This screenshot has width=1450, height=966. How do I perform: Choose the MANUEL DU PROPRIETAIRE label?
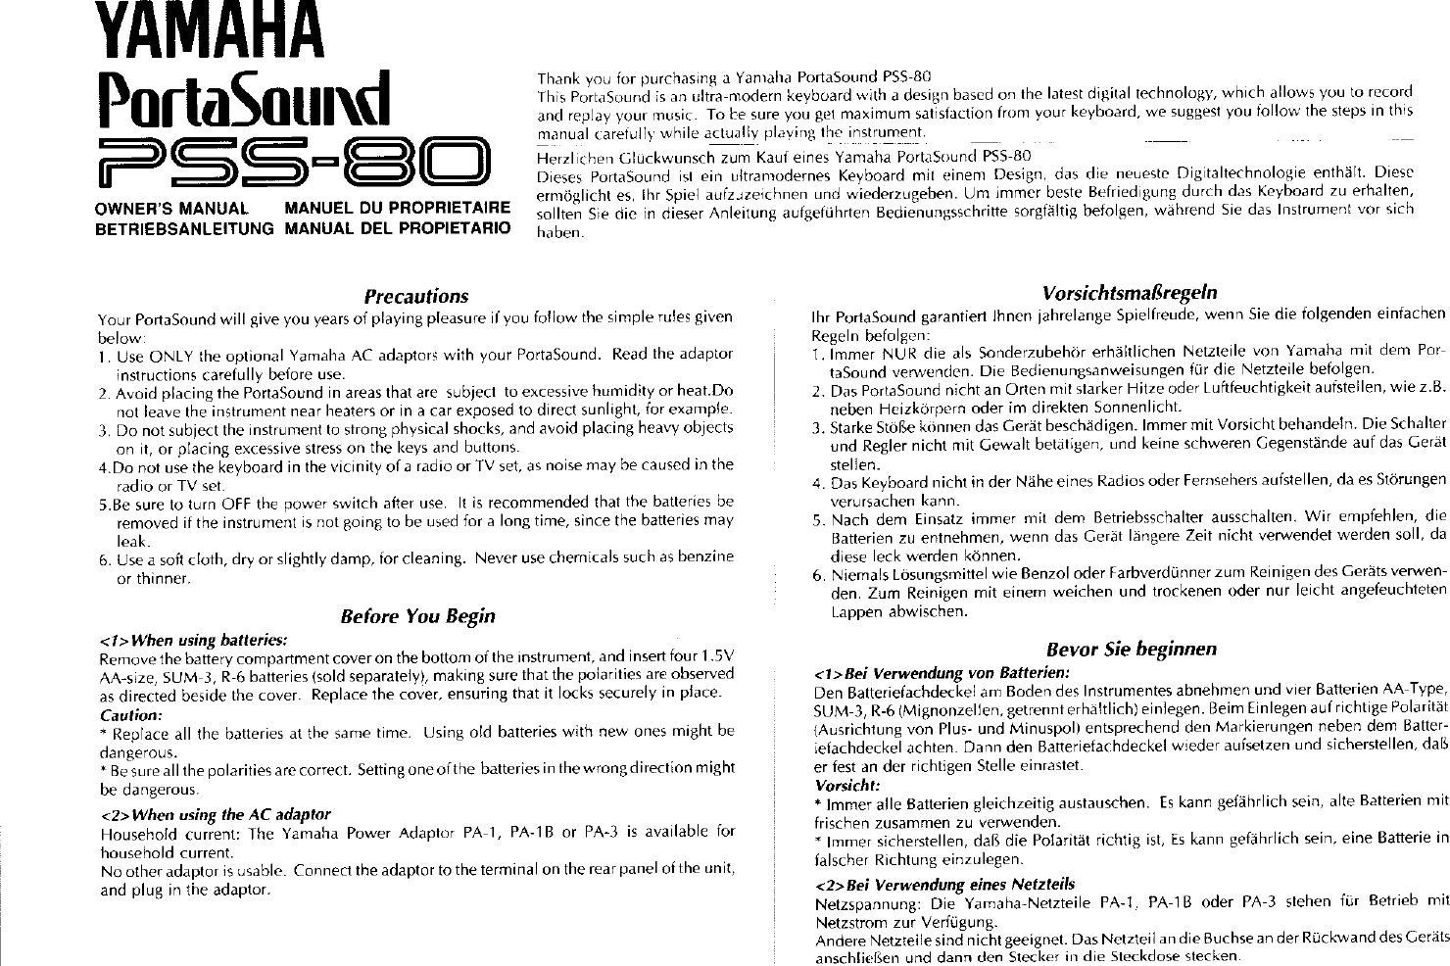pos(397,209)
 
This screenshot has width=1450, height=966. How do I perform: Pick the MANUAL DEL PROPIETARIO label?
pos(397,228)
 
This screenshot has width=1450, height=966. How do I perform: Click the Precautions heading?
pos(415,296)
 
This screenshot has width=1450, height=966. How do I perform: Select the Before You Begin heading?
pos(416,616)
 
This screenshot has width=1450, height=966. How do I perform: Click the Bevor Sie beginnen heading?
pos(1131,649)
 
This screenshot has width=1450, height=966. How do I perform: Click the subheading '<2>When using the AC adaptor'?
pos(216,814)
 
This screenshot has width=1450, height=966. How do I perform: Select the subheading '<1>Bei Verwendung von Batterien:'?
pos(942,673)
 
